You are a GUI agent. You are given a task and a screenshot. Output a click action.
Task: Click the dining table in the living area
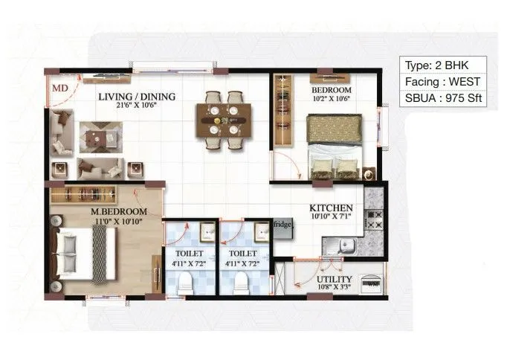pyautogui.click(x=223, y=120)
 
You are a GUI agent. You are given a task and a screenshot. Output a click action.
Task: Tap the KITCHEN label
pyautogui.click(x=331, y=208)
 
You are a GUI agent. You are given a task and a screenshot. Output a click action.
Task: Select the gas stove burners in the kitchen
pyautogui.click(x=375, y=219)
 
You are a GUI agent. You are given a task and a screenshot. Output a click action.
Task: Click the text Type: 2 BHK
pyautogui.click(x=443, y=64)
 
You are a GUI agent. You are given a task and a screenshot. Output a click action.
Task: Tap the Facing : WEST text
pyautogui.click(x=443, y=81)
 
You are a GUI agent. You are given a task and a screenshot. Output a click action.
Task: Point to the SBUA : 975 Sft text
pyautogui.click(x=443, y=99)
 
